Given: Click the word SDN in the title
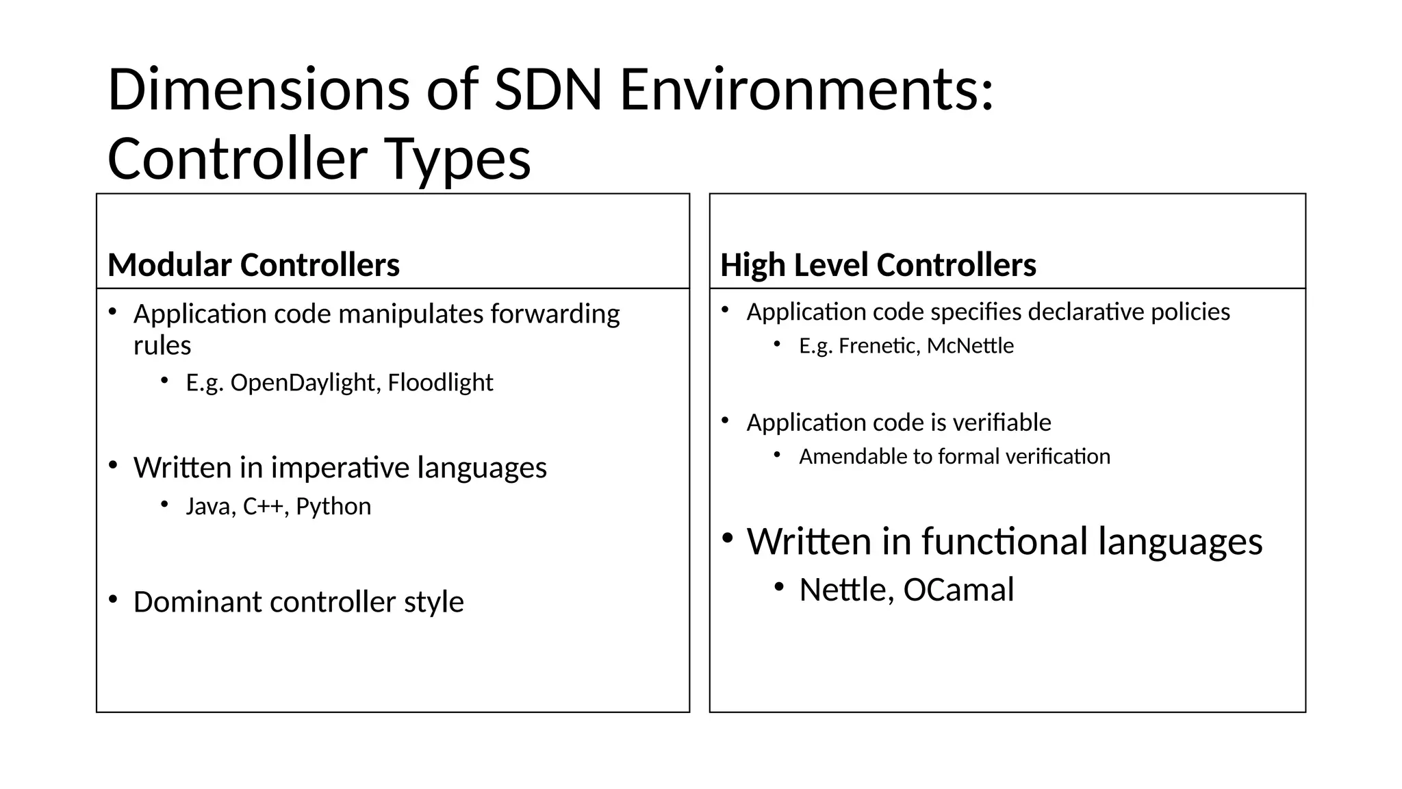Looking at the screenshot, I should [x=548, y=90].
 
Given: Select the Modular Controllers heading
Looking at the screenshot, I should [x=253, y=265].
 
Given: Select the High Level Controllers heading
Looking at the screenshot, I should [x=878, y=265].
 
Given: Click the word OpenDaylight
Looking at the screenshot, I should [x=303, y=382].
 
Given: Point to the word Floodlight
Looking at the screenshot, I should [x=440, y=382].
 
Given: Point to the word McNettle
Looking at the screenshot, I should [x=970, y=346].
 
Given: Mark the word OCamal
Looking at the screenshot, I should [x=958, y=590].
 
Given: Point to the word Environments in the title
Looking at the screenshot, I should [x=806, y=90].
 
